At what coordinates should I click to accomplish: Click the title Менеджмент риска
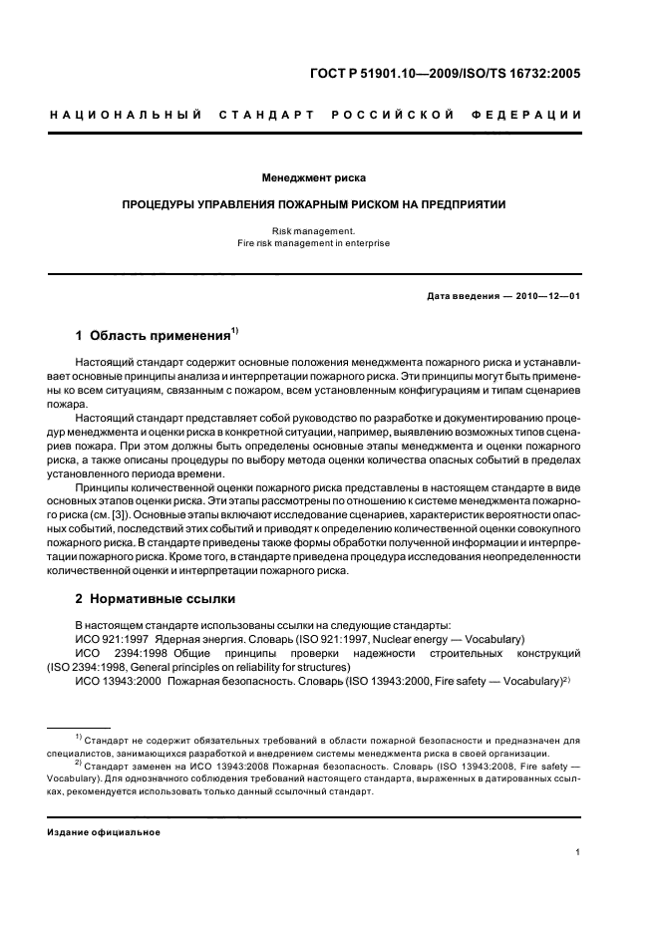(314, 178)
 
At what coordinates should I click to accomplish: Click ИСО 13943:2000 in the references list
(118, 680)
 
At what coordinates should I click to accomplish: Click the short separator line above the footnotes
(80, 729)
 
